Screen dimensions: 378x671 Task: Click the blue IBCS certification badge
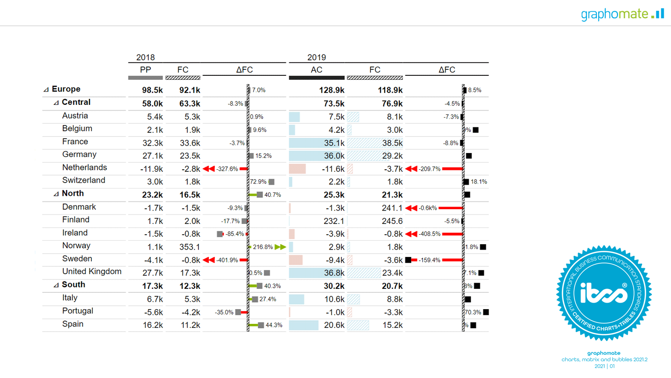click(x=604, y=294)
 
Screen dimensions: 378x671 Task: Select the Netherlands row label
click(x=84, y=168)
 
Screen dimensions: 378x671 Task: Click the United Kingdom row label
click(x=91, y=272)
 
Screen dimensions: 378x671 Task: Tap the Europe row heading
click(x=66, y=89)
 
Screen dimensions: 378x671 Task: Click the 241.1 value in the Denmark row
click(x=392, y=208)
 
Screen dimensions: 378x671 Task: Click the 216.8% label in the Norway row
click(x=263, y=247)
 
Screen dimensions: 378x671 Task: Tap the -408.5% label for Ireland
click(x=429, y=234)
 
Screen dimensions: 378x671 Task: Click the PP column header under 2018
click(x=145, y=70)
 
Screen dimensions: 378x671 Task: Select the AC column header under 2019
click(x=316, y=70)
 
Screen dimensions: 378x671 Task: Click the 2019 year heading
click(x=316, y=58)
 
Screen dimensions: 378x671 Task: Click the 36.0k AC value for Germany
click(x=334, y=156)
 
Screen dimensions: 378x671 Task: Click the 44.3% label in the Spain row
click(x=274, y=325)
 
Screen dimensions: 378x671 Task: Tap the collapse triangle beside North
click(x=56, y=194)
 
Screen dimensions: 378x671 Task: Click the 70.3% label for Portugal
click(x=473, y=312)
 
